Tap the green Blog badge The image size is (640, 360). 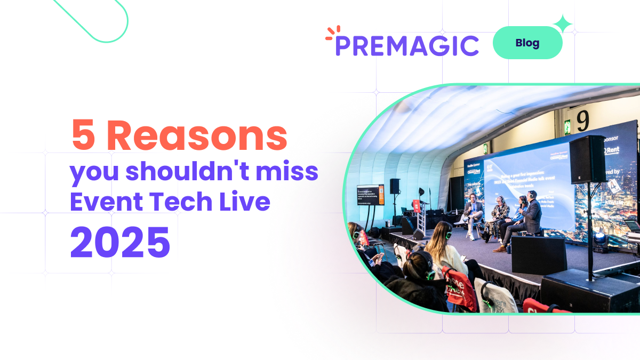click(527, 43)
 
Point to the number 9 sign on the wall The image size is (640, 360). click(583, 122)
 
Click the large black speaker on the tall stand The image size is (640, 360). click(588, 159)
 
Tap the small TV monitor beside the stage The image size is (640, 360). click(370, 195)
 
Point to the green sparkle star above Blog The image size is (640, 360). click(563, 23)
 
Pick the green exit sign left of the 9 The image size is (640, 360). click(567, 127)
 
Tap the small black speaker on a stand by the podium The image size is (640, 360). click(395, 186)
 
